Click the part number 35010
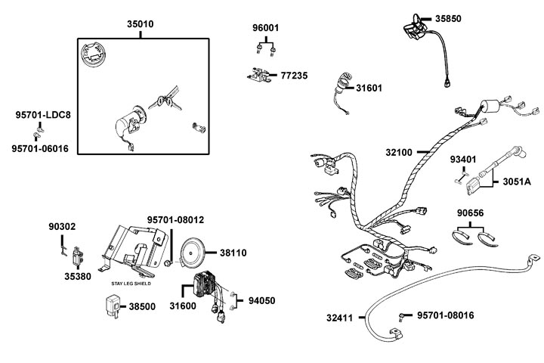point(140,24)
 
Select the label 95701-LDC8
point(43,115)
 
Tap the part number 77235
point(294,76)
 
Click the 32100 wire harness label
point(399,152)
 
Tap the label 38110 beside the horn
point(238,253)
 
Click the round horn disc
point(193,252)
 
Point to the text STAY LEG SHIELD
point(131,284)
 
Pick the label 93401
point(465,160)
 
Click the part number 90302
point(62,226)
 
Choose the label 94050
point(262,300)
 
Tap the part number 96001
point(265,28)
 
